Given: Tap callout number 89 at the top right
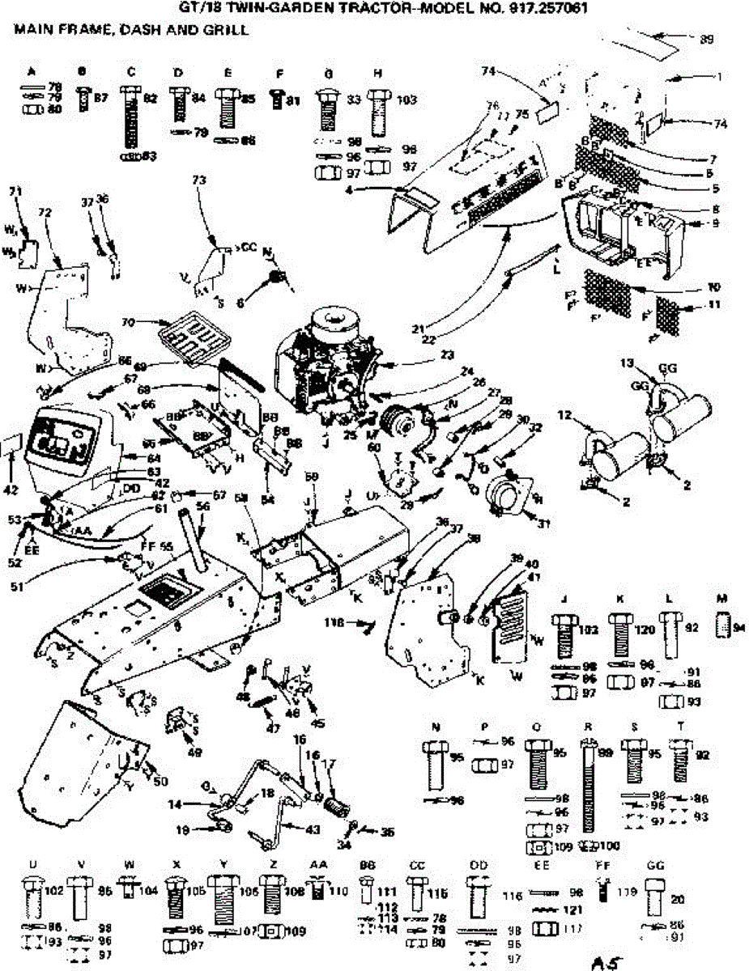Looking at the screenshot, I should click(x=706, y=38).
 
